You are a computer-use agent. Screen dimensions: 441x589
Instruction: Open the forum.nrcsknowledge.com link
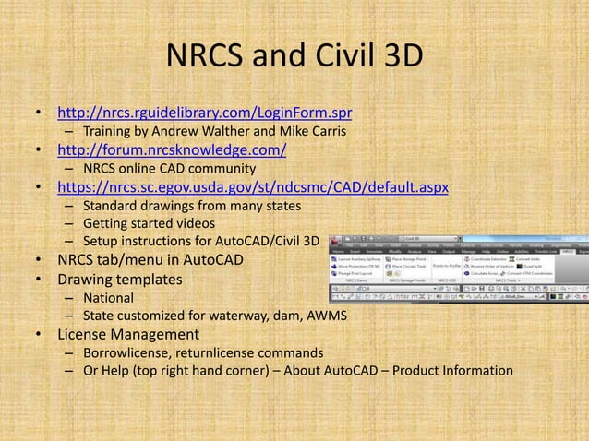tap(172, 150)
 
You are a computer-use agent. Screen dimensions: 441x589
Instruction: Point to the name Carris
tap(326, 132)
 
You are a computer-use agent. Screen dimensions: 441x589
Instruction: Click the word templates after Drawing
tap(148, 279)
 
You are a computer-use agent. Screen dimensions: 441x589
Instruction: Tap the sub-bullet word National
tap(109, 297)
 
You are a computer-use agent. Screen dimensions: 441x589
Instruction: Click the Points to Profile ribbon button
tap(448, 266)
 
